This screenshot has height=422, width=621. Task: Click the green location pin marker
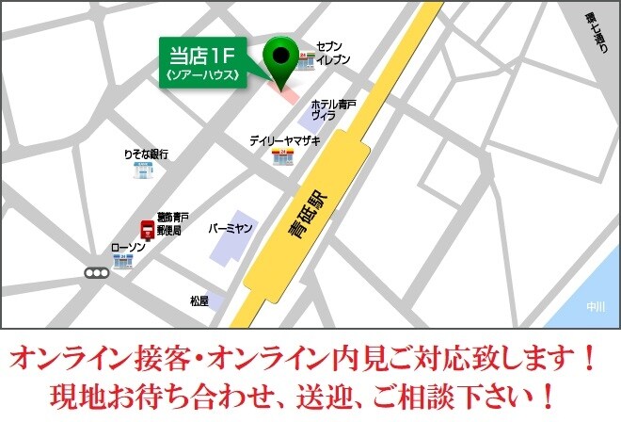(x=279, y=56)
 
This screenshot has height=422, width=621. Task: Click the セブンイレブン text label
(x=333, y=53)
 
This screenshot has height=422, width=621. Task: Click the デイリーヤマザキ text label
(x=284, y=140)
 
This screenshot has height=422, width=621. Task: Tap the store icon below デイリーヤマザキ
(x=281, y=156)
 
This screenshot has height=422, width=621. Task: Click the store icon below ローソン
(x=122, y=262)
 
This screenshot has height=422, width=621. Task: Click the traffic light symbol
(x=96, y=273)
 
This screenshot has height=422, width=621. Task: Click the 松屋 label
(x=199, y=301)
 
